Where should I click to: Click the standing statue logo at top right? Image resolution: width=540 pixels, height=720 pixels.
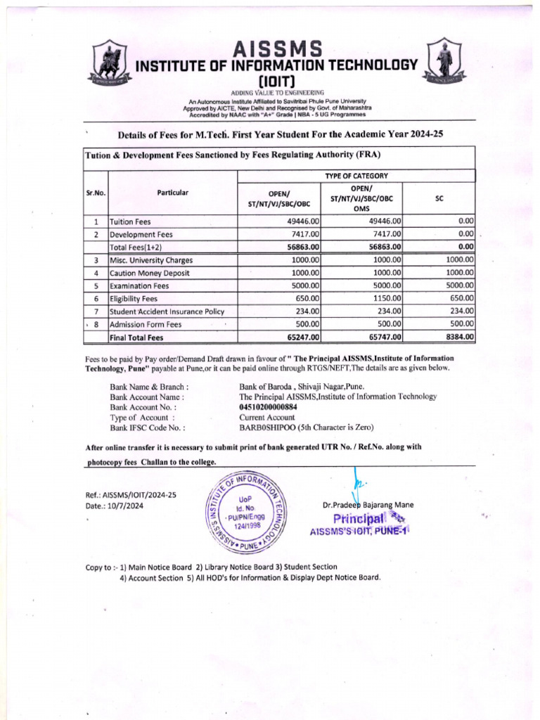444,59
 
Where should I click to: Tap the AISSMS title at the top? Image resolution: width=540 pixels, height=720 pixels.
278,49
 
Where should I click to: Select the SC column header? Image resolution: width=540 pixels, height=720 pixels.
439,198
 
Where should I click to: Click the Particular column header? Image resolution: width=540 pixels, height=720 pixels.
172,192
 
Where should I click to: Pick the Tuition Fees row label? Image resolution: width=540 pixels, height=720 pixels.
131,221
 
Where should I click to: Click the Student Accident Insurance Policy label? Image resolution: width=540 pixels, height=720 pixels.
167,311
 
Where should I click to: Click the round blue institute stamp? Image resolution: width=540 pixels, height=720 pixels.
244,511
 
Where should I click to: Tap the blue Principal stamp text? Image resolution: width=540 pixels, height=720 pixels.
359,520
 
